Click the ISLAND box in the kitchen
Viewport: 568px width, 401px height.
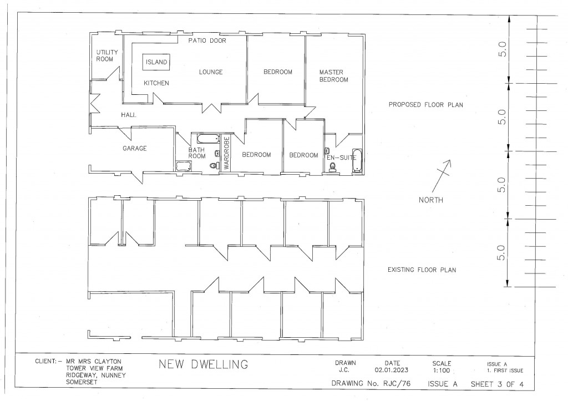[156, 63]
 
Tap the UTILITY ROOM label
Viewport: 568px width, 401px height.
[105, 55]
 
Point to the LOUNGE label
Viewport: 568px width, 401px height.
[211, 72]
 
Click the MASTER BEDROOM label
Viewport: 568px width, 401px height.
[333, 76]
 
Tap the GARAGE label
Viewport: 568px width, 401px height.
[134, 149]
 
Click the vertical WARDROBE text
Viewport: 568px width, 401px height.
[226, 153]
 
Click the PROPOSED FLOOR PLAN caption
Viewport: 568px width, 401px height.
[425, 104]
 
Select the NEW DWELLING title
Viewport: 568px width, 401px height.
[204, 365]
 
